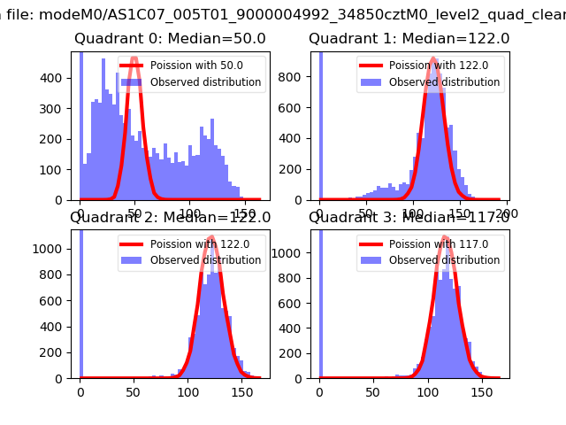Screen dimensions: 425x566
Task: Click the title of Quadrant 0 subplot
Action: coord(170,39)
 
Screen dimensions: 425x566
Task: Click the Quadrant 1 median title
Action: coord(409,39)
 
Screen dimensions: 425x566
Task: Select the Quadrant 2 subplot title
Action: coord(170,218)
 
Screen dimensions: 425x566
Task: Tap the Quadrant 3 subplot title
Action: coord(409,218)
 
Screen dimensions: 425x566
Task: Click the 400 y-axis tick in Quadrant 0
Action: coord(57,78)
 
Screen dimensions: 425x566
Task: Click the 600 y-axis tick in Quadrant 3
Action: coord(296,301)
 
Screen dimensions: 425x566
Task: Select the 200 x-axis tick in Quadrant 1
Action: coord(508,213)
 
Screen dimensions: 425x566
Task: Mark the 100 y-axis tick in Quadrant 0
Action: coord(57,169)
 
